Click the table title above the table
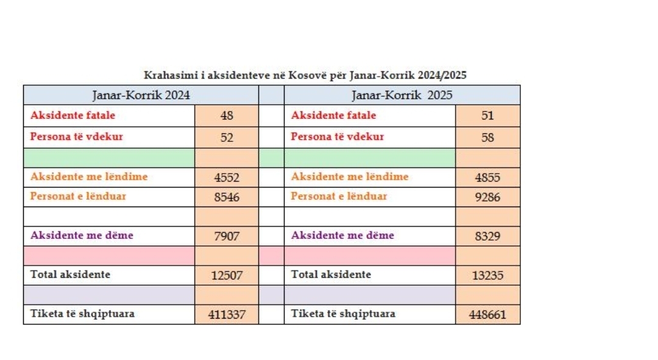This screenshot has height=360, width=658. coord(305,76)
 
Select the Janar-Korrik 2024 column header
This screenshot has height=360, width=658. coord(141,95)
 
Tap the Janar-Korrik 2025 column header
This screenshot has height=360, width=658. coord(402,95)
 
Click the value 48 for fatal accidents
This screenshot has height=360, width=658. coord(227,116)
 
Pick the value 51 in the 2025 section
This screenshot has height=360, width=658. coord(487,116)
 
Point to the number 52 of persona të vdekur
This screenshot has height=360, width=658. coord(227,138)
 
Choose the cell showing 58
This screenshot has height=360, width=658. coord(487,138)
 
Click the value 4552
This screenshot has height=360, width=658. coord(227,178)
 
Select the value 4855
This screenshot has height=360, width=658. coord(487,178)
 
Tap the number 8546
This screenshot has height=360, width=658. coord(227,197)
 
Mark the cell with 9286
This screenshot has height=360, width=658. coord(487,197)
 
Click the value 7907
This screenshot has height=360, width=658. coord(227,236)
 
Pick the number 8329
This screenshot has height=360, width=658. coord(487,236)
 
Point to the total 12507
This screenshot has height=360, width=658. coord(227,275)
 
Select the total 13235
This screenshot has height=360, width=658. coord(487,275)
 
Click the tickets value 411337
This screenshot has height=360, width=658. coord(227,315)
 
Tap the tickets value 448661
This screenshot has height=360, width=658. coord(487,315)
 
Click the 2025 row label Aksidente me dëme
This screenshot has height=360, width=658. coord(342,235)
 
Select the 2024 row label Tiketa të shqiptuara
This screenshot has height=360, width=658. coord(82,314)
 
